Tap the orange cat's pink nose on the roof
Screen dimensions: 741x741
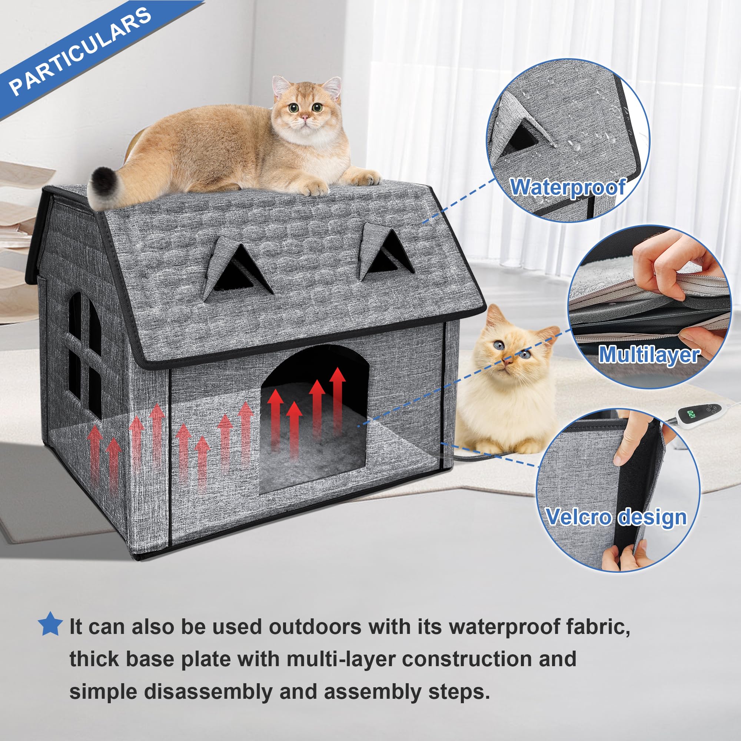tap(304, 117)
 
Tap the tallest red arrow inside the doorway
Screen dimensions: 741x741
tap(338, 399)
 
